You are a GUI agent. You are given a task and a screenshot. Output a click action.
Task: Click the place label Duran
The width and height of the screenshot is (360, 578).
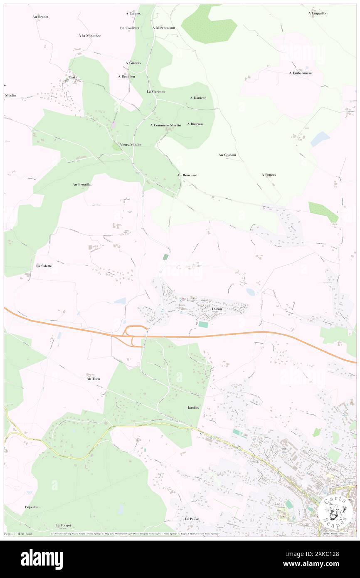click(x=217, y=309)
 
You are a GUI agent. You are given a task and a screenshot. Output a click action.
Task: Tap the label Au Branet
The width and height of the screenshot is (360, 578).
click(x=40, y=17)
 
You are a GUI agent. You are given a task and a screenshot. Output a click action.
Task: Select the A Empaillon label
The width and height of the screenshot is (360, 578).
click(x=318, y=13)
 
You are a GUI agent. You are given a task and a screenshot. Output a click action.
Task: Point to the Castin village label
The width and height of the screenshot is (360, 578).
click(x=73, y=77)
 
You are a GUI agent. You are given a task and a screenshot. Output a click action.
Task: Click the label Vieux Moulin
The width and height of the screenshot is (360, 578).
click(x=131, y=145)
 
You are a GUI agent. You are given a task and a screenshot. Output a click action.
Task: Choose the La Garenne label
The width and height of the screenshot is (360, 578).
click(x=156, y=91)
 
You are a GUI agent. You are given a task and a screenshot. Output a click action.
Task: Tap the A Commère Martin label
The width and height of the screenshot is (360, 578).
click(x=165, y=125)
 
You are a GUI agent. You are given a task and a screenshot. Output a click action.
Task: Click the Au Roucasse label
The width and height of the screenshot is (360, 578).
click(x=187, y=175)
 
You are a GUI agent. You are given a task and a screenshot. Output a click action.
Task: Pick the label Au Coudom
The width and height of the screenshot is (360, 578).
click(x=227, y=155)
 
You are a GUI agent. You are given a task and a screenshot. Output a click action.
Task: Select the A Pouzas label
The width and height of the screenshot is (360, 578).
click(x=269, y=175)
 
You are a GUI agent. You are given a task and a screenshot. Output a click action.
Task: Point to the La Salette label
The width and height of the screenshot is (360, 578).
click(x=44, y=266)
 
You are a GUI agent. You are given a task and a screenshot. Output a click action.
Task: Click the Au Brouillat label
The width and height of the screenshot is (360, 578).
click(x=82, y=184)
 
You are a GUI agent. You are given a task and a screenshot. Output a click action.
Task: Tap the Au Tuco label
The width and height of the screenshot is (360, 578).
click(x=93, y=379)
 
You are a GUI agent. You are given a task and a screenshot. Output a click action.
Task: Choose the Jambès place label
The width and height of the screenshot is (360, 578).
click(x=193, y=408)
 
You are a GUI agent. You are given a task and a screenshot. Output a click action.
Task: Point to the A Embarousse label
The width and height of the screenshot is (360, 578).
click(x=301, y=73)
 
